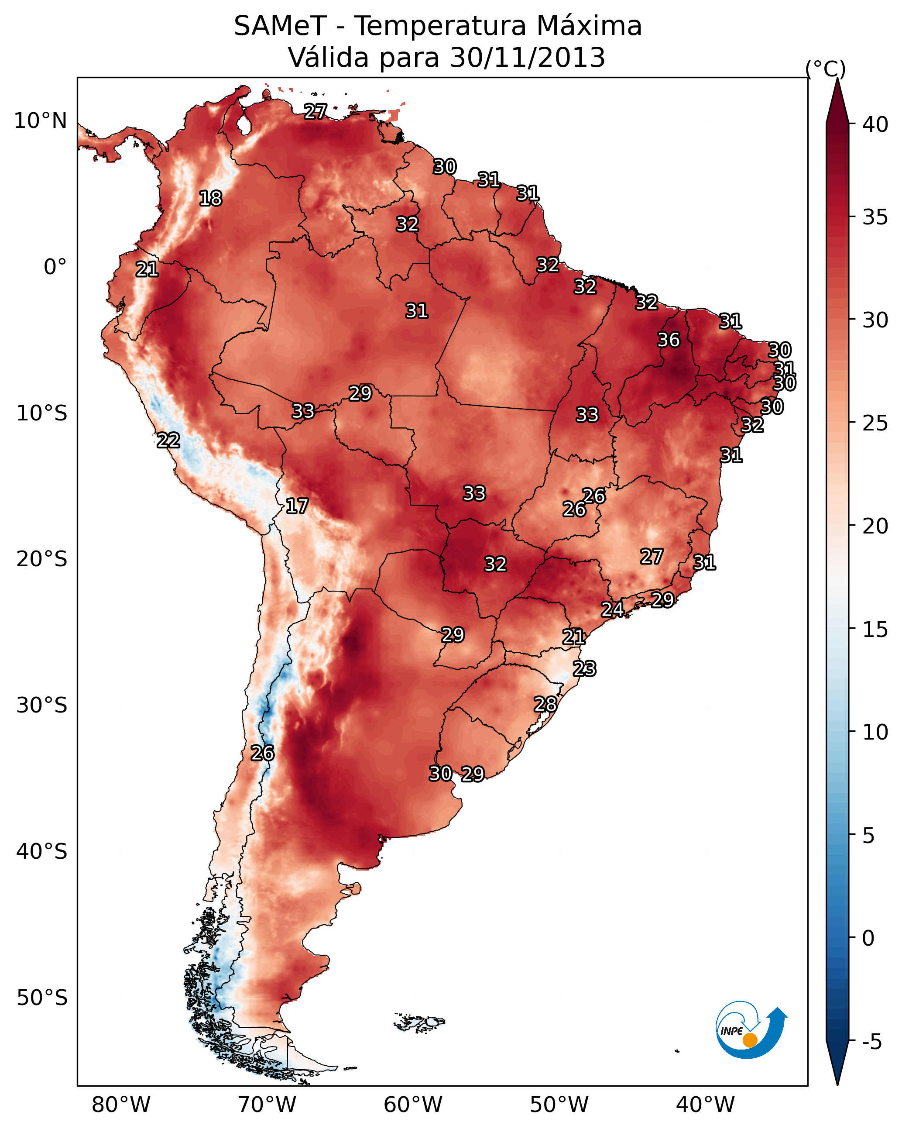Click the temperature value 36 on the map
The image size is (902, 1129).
[x=669, y=340]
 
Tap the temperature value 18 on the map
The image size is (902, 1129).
[x=210, y=199]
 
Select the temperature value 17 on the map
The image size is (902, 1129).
[x=297, y=506]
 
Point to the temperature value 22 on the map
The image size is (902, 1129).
[x=168, y=441]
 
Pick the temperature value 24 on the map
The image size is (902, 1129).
[x=612, y=609]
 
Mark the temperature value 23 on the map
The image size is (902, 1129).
[x=584, y=669]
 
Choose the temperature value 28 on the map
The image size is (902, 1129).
[x=545, y=704]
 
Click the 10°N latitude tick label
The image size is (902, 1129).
[x=40, y=121]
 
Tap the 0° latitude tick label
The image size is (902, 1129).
[x=55, y=267]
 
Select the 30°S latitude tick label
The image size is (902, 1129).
[x=42, y=706]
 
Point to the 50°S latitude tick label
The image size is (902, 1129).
[x=42, y=998]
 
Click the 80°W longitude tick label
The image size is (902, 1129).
[x=121, y=1105]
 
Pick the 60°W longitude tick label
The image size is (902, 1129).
[x=413, y=1105]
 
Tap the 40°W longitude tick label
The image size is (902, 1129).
[x=705, y=1105]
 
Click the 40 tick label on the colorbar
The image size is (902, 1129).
[x=875, y=124]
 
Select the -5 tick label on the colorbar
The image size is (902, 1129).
[x=872, y=1042]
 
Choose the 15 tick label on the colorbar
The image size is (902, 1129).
[x=875, y=630]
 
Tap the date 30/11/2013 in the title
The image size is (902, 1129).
[x=528, y=57]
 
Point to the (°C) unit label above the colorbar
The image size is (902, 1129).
[x=826, y=69]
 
